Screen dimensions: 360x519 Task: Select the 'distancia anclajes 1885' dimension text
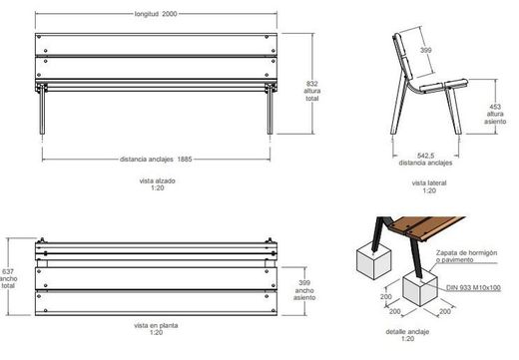156,159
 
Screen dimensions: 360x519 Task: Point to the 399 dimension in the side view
425,50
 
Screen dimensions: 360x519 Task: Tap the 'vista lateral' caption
426,183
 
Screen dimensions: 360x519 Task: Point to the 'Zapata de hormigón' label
467,253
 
